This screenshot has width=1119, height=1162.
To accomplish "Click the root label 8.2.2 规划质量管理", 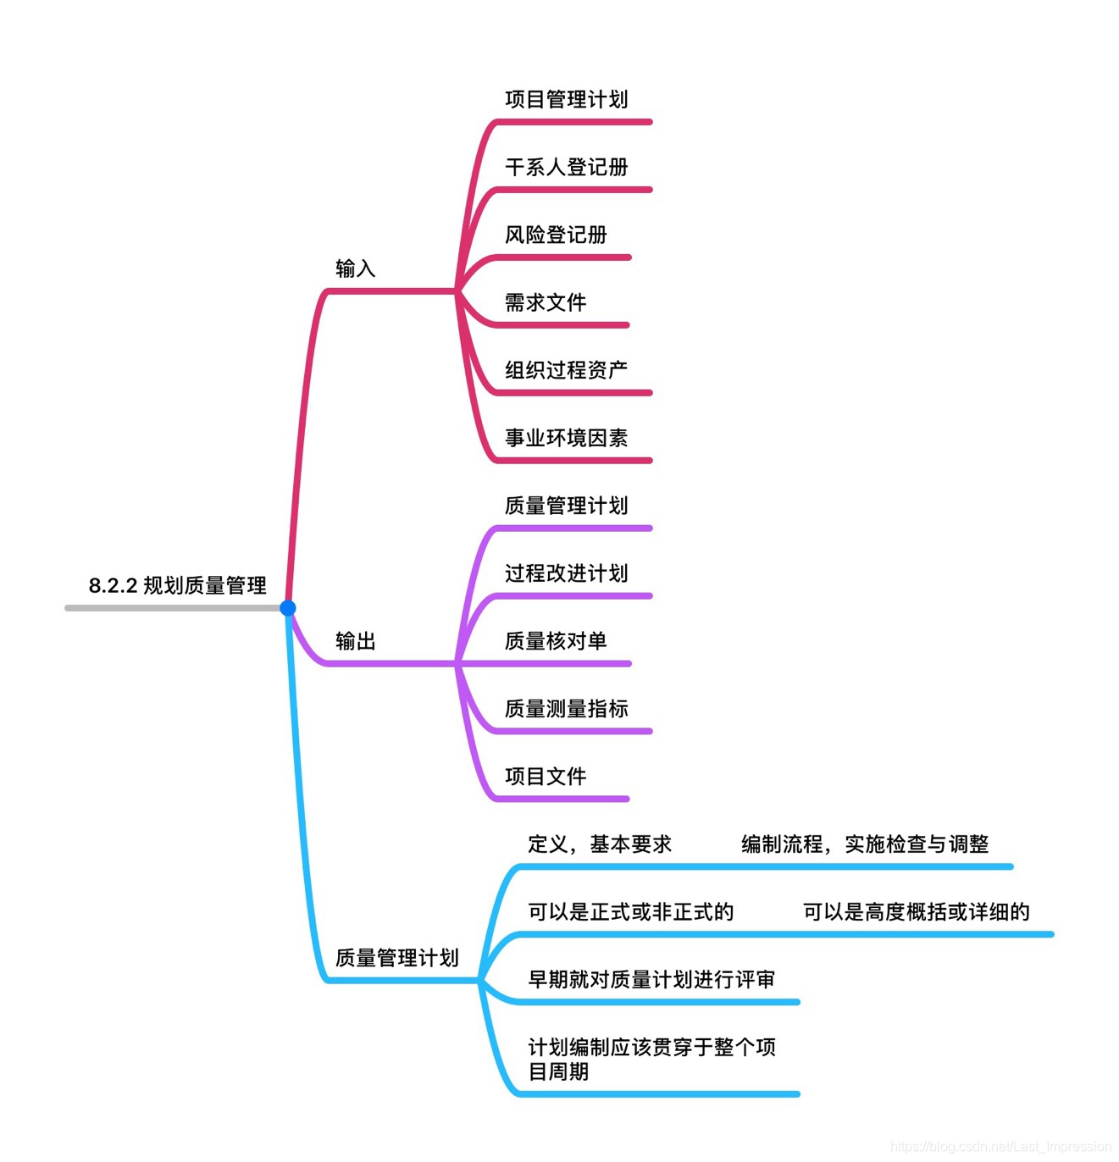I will click(x=177, y=585).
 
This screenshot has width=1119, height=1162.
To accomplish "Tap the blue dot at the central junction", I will click(x=288, y=607).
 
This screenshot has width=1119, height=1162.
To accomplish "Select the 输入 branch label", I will click(x=355, y=268).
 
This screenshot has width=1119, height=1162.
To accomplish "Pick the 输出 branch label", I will click(x=355, y=641).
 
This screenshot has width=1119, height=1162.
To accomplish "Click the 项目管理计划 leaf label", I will click(x=566, y=99).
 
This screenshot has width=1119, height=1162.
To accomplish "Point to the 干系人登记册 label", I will click(x=566, y=167).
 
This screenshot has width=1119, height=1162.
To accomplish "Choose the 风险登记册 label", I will click(x=556, y=235).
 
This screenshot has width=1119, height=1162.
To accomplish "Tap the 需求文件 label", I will click(x=546, y=302).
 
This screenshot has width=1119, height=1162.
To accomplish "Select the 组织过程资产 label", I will click(x=566, y=370).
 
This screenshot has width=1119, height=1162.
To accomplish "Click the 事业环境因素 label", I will click(x=566, y=438).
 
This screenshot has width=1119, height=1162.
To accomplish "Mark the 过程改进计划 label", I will click(x=566, y=573).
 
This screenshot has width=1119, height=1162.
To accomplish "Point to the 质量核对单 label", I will click(x=556, y=641).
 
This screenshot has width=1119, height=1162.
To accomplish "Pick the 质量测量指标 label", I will click(x=566, y=709).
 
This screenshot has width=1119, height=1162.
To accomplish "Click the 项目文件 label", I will click(x=546, y=777).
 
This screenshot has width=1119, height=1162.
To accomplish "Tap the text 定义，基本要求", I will click(x=599, y=844).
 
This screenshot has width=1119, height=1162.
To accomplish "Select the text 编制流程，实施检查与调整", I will click(x=865, y=844).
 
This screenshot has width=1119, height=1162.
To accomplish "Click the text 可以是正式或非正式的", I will click(x=630, y=912).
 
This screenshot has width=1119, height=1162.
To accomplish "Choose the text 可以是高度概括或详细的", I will click(x=916, y=912).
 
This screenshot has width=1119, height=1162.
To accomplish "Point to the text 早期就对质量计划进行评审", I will click(x=651, y=980).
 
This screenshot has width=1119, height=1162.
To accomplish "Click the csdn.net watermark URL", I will click(x=1000, y=1147).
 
